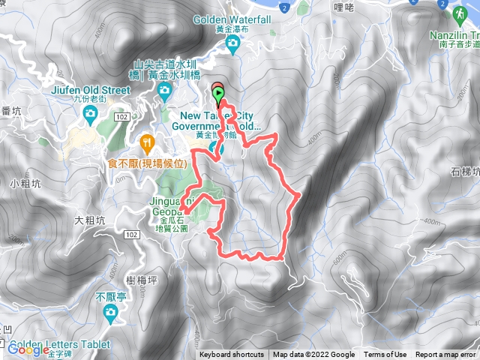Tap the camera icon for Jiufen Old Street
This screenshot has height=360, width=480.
91,113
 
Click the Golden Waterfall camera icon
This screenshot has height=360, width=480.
232,43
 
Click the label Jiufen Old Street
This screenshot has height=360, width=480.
91,86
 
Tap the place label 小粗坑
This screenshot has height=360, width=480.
24,183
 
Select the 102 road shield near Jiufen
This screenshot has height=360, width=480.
122,117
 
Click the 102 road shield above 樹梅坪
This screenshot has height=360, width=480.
132,235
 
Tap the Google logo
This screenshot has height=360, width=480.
28,349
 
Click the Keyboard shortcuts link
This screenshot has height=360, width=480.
232,355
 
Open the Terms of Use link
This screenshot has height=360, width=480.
385,355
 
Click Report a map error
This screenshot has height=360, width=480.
446,355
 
